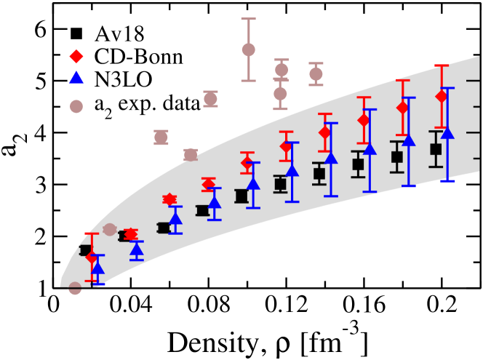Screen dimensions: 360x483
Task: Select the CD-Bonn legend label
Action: click(125, 57)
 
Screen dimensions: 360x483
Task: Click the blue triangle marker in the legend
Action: click(76, 81)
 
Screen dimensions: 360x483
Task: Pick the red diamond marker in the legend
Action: click(76, 57)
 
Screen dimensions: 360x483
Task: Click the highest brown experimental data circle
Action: click(248, 49)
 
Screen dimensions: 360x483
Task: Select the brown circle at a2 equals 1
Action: click(74, 288)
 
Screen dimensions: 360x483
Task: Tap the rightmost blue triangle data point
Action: click(448, 133)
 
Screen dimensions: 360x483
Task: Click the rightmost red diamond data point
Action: click(441, 97)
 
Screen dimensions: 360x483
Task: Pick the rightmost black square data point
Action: click(436, 150)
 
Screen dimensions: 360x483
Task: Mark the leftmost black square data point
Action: click(85, 250)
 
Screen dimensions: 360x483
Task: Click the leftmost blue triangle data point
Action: click(97, 268)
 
